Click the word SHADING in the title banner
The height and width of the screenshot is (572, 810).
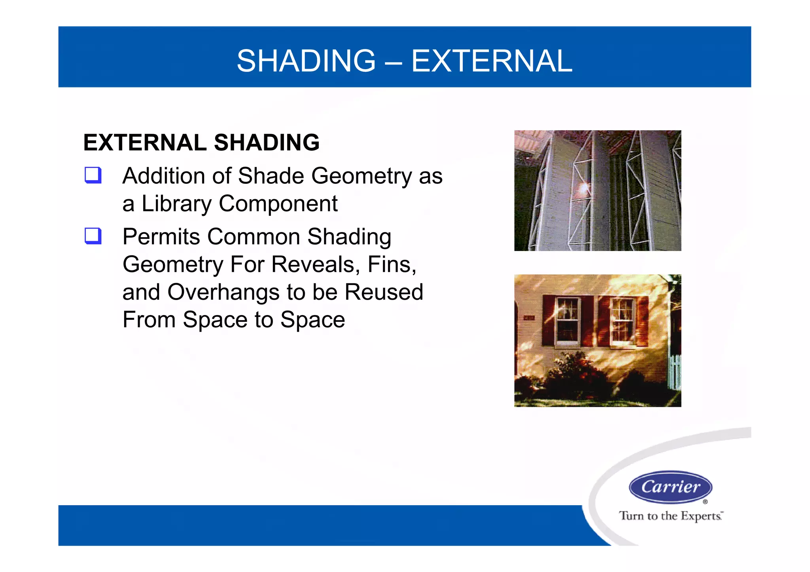pyautogui.click(x=306, y=61)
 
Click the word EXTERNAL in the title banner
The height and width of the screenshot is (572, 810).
pyautogui.click(x=492, y=61)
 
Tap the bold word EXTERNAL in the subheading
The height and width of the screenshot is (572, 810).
pyautogui.click(x=145, y=143)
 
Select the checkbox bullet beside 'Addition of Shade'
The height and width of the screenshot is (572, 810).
pyautogui.click(x=93, y=175)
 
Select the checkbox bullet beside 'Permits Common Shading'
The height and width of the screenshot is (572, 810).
pyautogui.click(x=93, y=236)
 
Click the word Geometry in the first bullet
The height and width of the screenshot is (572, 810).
pyautogui.click(x=361, y=176)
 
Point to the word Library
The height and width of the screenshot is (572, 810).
pyautogui.click(x=176, y=204)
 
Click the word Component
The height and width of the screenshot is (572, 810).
pyautogui.click(x=278, y=204)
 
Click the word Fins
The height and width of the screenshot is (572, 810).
pyautogui.click(x=392, y=264)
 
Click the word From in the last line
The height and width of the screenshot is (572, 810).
pyautogui.click(x=149, y=320)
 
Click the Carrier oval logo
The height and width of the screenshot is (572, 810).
pyautogui.click(x=670, y=487)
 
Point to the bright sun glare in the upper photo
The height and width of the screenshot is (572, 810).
pyautogui.click(x=583, y=188)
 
